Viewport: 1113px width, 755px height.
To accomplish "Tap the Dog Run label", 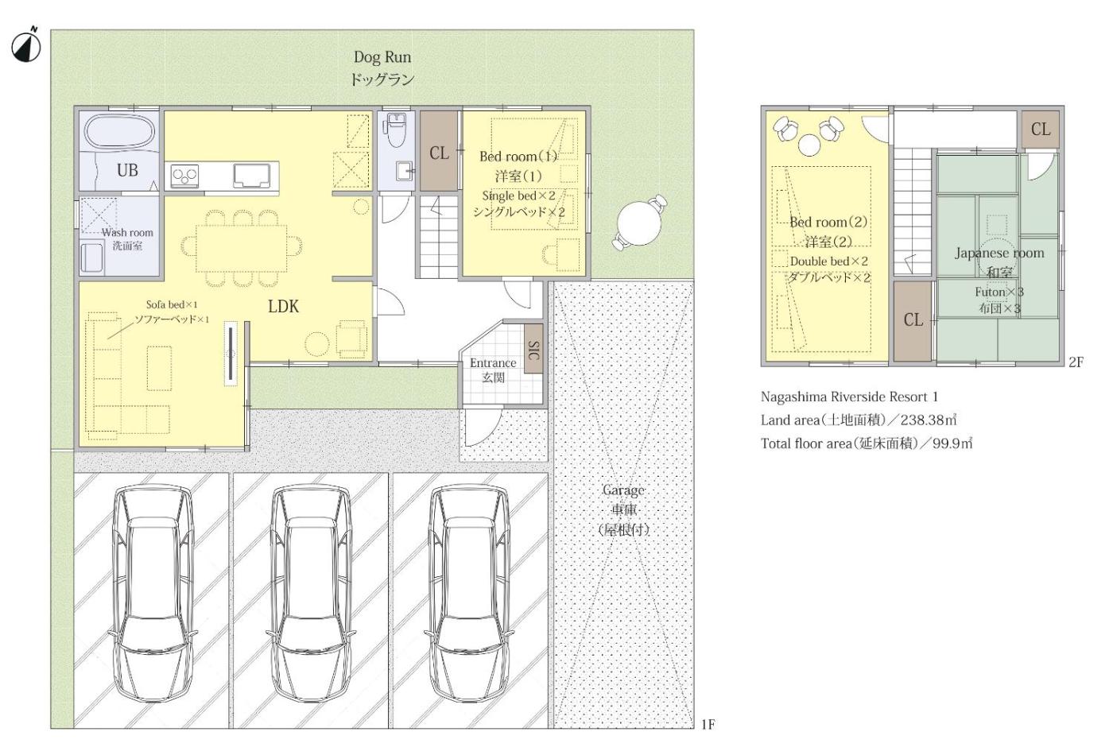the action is (x=382, y=57).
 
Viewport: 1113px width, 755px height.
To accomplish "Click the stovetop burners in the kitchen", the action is (x=184, y=176).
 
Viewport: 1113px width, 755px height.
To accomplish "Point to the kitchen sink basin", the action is (x=252, y=176).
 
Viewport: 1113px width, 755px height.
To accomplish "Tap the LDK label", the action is (x=283, y=307).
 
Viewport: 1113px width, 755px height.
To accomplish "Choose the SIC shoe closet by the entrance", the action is (x=533, y=349).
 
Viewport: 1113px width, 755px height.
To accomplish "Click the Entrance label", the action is (x=493, y=363).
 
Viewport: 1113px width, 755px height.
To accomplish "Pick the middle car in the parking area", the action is (x=311, y=594).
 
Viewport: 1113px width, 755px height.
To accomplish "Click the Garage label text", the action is (x=623, y=490).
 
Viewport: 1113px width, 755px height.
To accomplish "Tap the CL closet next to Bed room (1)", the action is (x=439, y=151).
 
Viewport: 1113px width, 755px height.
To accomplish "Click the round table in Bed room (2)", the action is (x=809, y=145).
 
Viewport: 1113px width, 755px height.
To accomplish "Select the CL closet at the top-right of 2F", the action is (x=1041, y=129).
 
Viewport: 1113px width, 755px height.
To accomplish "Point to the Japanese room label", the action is (x=999, y=253).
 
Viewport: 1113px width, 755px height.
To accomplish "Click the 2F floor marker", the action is (x=1076, y=362).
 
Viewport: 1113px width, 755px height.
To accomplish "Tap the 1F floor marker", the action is (x=708, y=725).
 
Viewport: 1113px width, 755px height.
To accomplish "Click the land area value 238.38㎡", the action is (x=929, y=420).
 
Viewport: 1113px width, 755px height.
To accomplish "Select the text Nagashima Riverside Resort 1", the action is (x=849, y=397).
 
